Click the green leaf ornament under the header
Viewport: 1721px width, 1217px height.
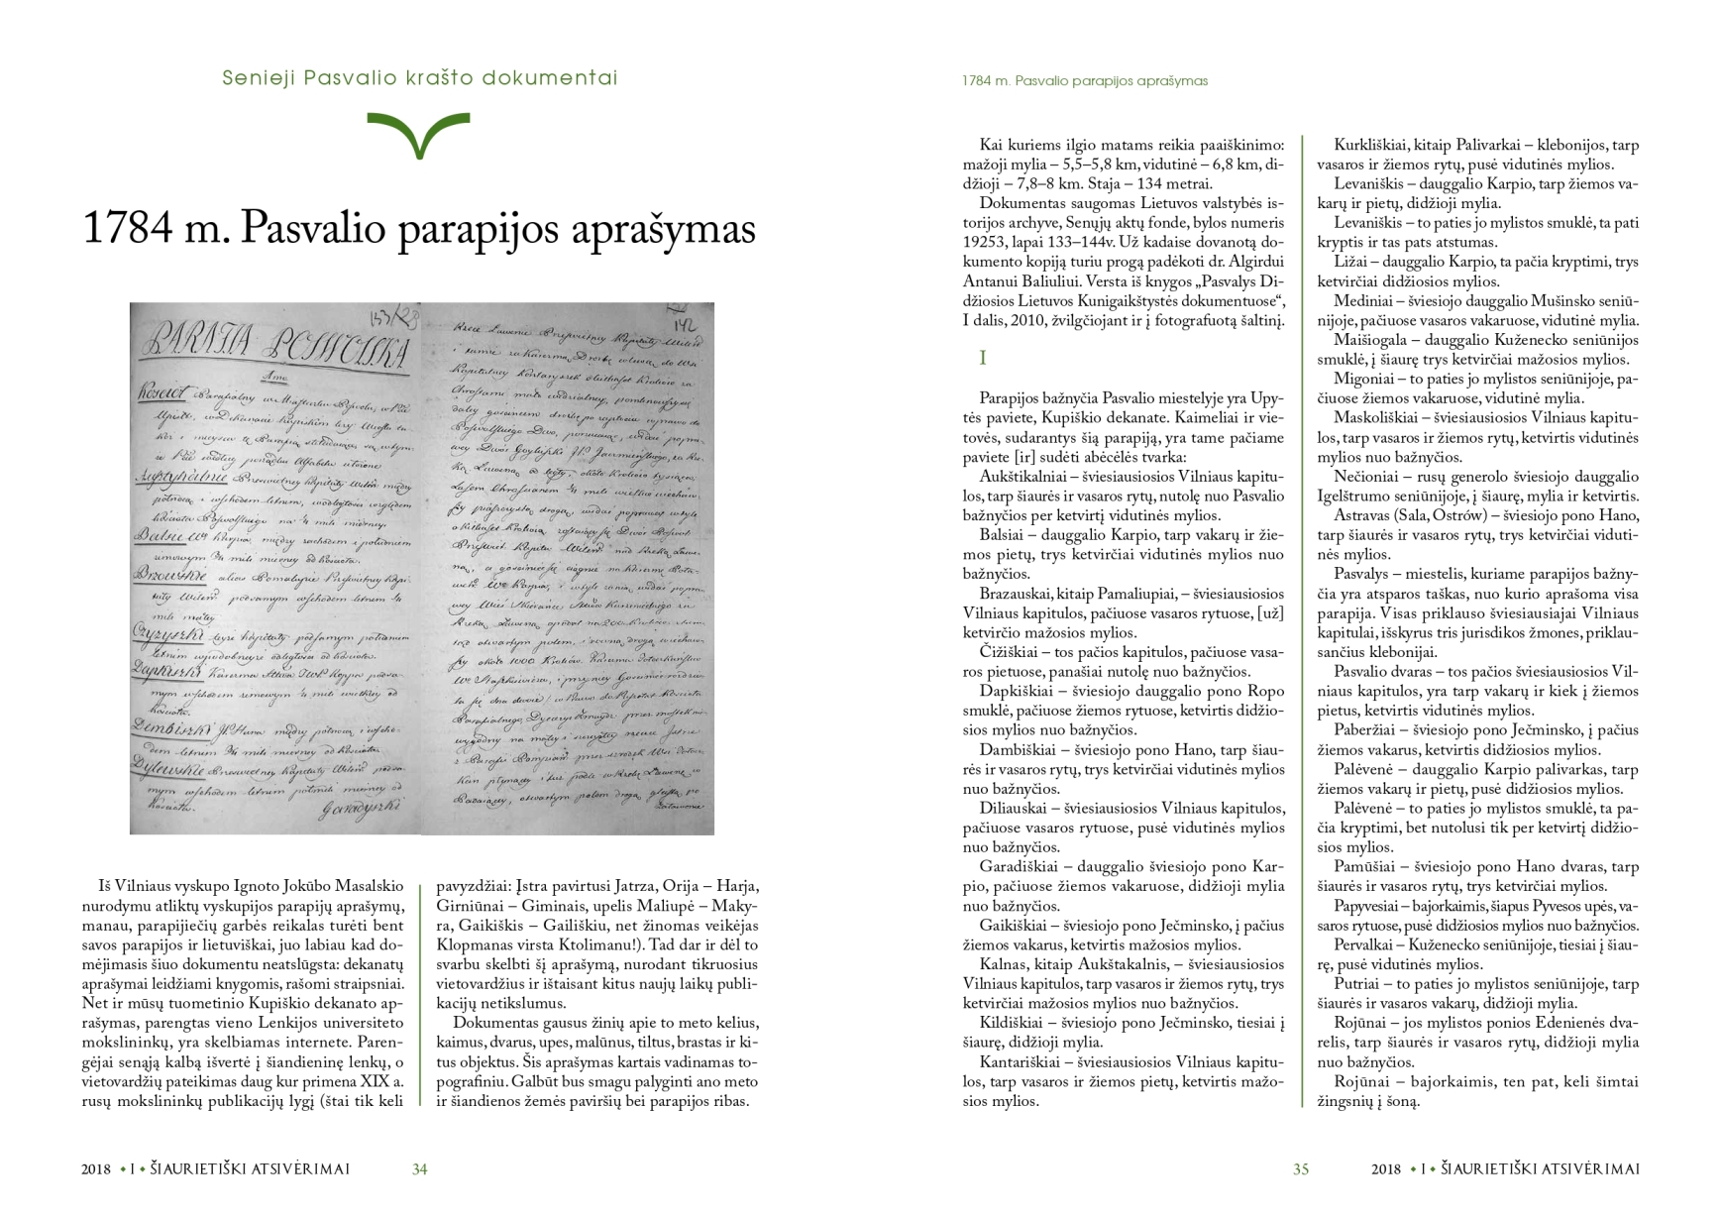tap(418, 134)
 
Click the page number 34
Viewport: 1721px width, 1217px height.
tap(419, 1169)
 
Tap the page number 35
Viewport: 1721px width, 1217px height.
tap(1301, 1169)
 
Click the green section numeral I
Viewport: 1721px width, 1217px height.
tap(983, 358)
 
